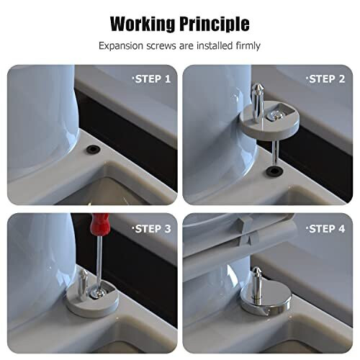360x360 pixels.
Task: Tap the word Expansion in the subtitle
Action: [122, 46]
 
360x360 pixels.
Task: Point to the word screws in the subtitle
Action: [163, 46]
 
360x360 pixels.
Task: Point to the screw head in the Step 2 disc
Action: [276, 114]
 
